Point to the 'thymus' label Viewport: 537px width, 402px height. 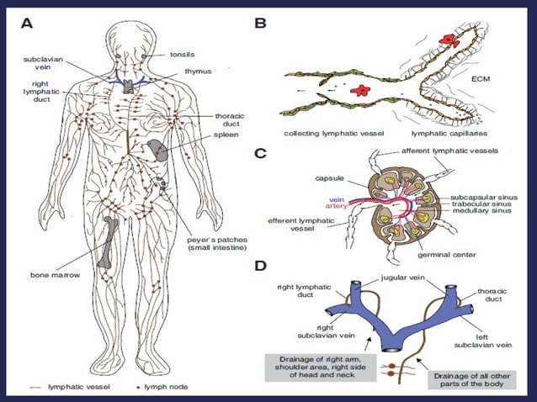[x=199, y=71]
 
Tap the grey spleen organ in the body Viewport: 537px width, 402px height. [x=157, y=150]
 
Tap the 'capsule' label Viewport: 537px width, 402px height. [x=329, y=177]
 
